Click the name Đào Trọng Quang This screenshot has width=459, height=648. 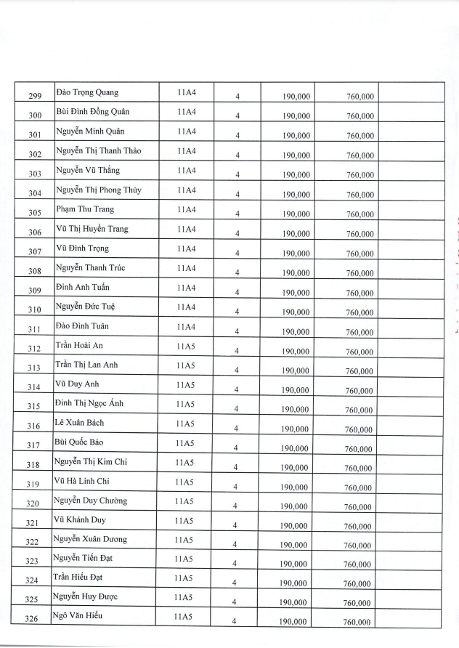coord(87,92)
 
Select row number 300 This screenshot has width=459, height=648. coord(35,116)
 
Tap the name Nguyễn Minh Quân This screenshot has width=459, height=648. coord(90,131)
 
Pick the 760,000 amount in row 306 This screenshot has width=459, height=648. coord(360,234)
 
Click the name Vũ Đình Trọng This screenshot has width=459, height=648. coord(82,248)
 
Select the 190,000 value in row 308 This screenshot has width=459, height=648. coord(296,273)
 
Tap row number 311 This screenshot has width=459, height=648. coord(35,331)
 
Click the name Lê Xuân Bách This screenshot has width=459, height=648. coord(81,423)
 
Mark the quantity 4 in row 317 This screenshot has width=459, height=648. coord(235,447)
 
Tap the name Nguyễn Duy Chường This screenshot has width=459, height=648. coord(90,501)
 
